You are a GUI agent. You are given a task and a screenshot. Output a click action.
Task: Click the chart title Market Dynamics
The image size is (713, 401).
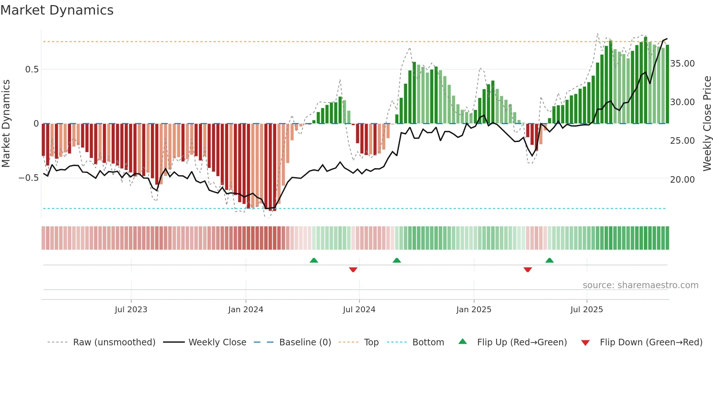click(57, 10)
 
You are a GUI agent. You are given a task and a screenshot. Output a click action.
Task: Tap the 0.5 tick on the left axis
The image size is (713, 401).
click(32, 70)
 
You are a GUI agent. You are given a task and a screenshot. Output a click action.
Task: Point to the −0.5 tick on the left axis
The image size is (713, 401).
click(29, 178)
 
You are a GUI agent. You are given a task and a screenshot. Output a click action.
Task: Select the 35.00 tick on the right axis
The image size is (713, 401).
click(682, 64)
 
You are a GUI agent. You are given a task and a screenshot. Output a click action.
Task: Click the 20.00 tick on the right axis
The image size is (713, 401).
click(682, 179)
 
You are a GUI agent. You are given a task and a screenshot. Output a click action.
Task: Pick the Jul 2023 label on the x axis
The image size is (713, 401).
click(131, 310)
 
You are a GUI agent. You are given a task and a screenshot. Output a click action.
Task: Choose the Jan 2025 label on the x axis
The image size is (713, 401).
click(474, 310)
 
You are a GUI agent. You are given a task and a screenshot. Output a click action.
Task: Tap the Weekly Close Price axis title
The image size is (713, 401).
click(707, 123)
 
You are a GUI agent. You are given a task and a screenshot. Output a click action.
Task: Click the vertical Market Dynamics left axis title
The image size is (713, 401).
click(6, 123)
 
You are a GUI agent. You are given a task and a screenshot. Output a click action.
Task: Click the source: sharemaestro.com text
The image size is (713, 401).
click(640, 285)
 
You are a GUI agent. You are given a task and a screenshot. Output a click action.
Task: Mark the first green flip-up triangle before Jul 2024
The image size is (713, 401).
click(314, 261)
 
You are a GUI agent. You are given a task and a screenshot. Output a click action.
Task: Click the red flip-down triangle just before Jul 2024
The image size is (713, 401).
click(353, 269)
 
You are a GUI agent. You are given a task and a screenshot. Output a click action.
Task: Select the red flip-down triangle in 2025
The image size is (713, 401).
click(527, 269)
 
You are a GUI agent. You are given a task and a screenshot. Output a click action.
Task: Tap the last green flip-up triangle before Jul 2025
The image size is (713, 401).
click(549, 261)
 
